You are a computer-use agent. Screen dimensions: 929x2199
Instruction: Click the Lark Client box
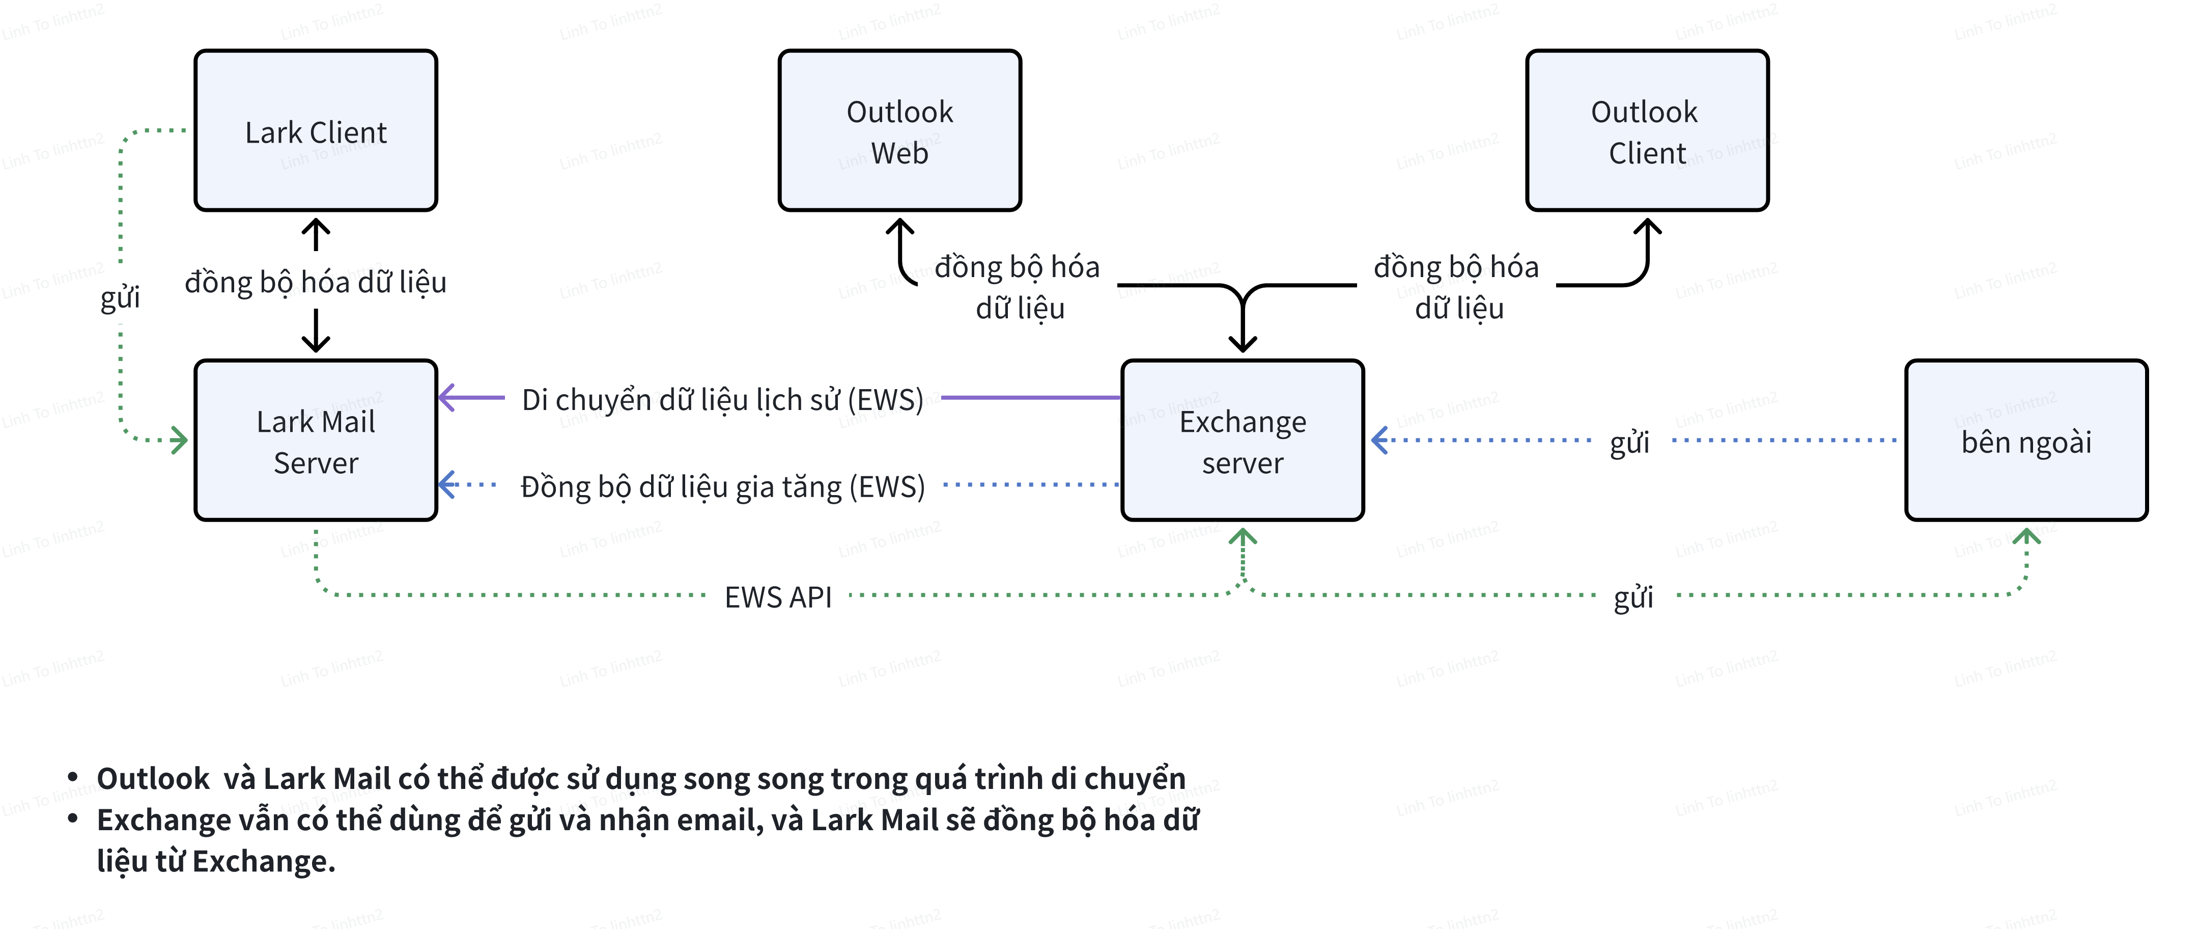click(x=316, y=130)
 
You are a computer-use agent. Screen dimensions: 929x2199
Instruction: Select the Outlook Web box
click(x=900, y=130)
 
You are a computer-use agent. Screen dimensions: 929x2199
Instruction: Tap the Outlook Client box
click(x=1647, y=130)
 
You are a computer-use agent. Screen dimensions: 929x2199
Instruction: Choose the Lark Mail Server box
click(x=316, y=441)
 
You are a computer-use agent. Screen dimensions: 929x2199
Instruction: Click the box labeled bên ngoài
click(x=2026, y=441)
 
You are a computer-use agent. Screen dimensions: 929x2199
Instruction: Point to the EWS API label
click(x=778, y=597)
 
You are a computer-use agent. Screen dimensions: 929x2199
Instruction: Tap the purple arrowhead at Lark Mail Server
click(x=445, y=397)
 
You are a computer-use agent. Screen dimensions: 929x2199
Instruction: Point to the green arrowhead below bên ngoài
click(x=2026, y=535)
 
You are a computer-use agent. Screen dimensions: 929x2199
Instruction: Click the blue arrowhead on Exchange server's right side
click(x=1378, y=441)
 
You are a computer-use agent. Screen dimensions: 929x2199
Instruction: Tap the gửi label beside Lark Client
click(x=120, y=297)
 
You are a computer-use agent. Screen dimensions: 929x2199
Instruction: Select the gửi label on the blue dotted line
click(x=1629, y=442)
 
